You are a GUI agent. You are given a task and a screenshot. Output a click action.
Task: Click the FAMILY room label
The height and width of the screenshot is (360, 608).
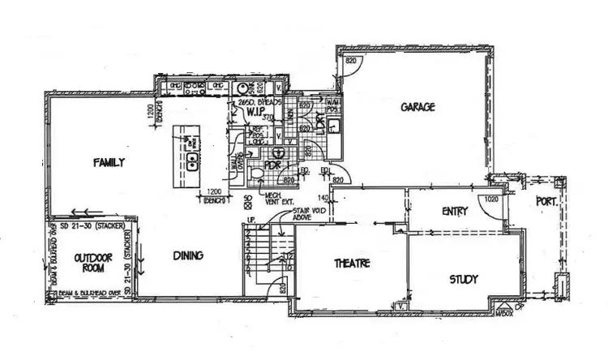(108, 162)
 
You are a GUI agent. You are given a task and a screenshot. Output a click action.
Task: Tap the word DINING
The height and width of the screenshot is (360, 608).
(187, 255)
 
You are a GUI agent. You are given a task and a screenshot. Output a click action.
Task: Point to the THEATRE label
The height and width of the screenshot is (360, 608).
(352, 264)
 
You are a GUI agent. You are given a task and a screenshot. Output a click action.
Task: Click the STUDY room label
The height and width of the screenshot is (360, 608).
(464, 279)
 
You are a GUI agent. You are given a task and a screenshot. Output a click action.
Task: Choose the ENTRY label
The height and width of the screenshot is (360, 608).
(455, 211)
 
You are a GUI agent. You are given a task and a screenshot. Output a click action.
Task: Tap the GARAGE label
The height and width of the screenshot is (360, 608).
(417, 106)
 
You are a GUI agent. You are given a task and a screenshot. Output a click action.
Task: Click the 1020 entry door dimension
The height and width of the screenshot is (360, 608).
(490, 197)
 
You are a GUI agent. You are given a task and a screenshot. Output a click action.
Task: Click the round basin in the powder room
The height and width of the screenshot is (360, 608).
(278, 152)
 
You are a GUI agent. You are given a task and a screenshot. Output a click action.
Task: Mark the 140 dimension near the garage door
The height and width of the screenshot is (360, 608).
(321, 197)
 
